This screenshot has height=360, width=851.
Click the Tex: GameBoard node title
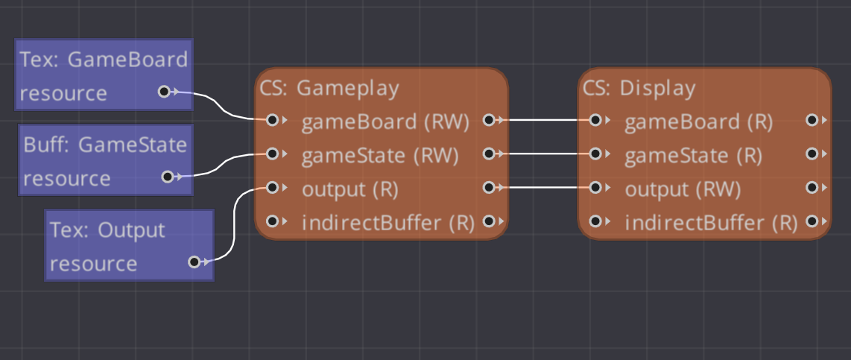[104, 60]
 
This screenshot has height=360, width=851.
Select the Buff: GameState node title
[105, 145]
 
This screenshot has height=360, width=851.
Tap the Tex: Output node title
[107, 230]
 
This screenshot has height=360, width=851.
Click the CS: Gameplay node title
[329, 88]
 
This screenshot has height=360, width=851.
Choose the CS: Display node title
[639, 88]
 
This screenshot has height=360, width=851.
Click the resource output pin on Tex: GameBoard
[164, 92]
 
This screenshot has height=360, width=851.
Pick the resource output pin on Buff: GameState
[168, 177]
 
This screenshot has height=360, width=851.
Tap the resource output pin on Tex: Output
[194, 262]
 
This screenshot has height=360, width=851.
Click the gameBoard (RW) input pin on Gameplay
[272, 120]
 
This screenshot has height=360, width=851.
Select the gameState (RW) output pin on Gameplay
[489, 154]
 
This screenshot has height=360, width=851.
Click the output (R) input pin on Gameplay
[272, 188]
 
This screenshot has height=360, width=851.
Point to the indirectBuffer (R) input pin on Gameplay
[272, 221]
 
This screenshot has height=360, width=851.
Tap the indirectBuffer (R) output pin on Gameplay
[489, 221]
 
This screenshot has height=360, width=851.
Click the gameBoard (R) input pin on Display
[595, 120]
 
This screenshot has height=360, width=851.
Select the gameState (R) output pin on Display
[812, 154]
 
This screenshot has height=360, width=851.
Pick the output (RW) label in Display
[683, 189]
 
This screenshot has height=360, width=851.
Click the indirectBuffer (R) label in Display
[711, 223]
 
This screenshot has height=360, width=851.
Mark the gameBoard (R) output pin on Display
[812, 120]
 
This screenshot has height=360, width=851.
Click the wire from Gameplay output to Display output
[542, 188]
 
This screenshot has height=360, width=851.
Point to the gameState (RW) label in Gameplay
[380, 156]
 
